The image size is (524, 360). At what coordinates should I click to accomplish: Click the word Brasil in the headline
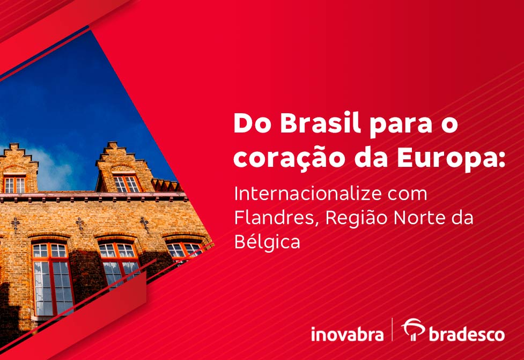pos(320,123)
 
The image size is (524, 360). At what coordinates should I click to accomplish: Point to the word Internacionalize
pos(307,194)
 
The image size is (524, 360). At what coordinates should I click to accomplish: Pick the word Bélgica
pos(267,242)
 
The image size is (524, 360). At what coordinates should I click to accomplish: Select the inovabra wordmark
pos(347,334)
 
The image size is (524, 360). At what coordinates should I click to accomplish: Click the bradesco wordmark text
pos(467,334)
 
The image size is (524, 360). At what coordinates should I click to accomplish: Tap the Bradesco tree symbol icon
pos(414,329)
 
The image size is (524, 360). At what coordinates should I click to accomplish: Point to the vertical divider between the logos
pos(393,329)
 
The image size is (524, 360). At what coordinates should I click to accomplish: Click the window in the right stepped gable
pos(127,184)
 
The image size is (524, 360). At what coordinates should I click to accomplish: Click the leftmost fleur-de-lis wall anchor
pos(15,225)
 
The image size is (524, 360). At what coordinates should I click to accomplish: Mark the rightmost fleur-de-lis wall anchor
pos(145,224)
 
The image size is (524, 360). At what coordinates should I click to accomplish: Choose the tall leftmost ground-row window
pos(53,279)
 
